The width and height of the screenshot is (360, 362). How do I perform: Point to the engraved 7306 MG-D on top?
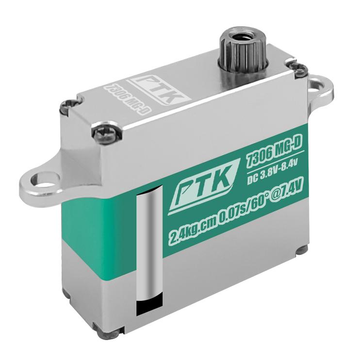[128, 99]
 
